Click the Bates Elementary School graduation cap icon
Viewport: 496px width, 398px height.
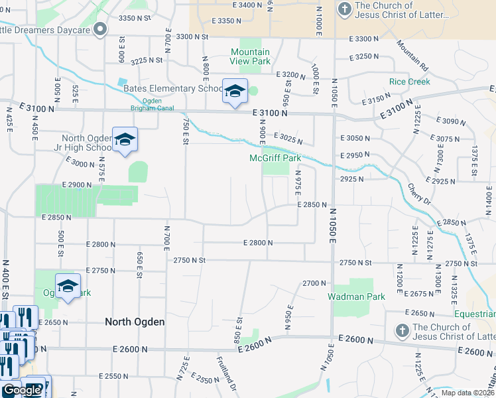tap(235, 92)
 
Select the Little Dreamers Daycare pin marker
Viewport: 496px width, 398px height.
tap(100, 29)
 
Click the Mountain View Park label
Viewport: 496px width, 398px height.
tap(250, 56)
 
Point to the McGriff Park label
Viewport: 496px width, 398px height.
tap(275, 158)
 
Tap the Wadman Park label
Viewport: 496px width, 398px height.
tap(356, 297)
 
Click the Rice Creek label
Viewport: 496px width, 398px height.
tap(409, 82)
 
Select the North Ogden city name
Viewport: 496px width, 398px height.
tap(135, 322)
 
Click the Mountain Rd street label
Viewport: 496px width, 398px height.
tap(413, 55)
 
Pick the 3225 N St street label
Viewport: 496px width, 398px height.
tap(147, 60)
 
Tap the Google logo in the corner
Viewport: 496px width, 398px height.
tap(21, 391)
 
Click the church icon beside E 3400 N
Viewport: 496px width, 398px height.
tap(344, 9)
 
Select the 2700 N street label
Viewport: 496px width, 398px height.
tap(311, 283)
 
